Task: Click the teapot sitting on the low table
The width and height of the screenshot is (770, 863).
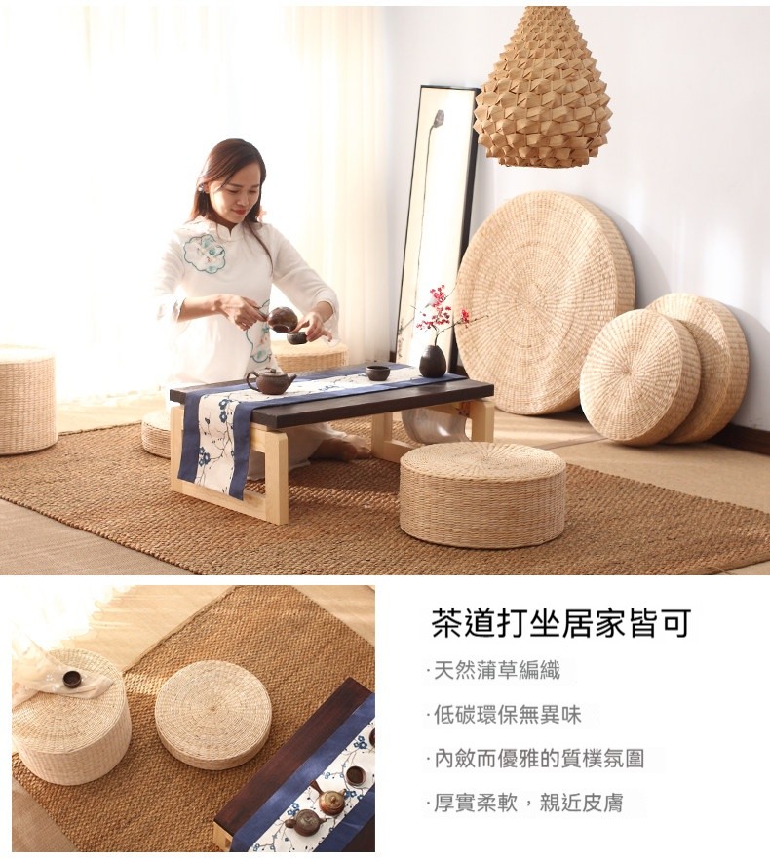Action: click(270, 381)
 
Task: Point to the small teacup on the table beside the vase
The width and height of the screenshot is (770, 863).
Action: click(378, 373)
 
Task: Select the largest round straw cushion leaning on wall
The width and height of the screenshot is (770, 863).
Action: click(545, 302)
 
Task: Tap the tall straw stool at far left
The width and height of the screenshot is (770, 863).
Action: click(26, 399)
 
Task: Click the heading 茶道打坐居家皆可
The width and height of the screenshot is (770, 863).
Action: click(560, 623)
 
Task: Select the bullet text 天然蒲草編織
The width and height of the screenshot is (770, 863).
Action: click(497, 670)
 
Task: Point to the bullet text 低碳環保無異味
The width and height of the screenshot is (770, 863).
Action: click(507, 715)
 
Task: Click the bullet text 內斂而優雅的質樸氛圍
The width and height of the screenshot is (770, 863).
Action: click(539, 759)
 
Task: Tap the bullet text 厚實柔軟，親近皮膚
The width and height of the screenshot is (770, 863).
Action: click(528, 803)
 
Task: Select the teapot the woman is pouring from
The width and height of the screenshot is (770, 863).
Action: click(282, 319)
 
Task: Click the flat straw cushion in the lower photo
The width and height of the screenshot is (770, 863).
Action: click(212, 715)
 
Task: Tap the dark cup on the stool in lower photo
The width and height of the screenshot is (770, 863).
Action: click(72, 679)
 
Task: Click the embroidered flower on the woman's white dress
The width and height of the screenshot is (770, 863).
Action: click(205, 255)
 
